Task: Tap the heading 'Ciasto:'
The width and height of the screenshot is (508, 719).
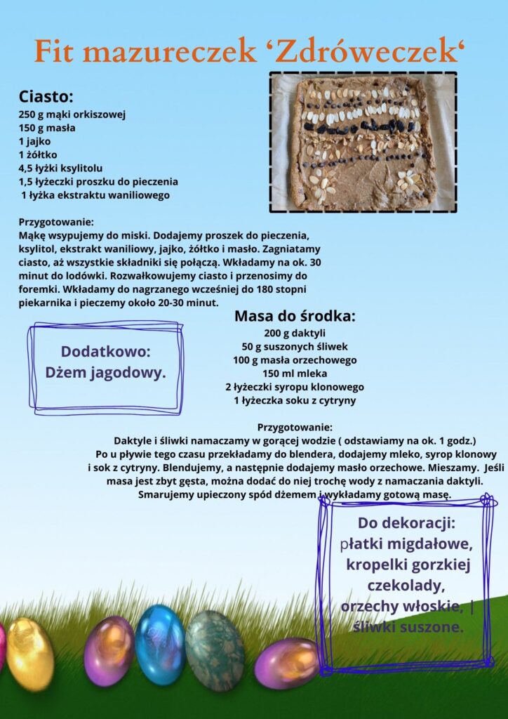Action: coord(46,96)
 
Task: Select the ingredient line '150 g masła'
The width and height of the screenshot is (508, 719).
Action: coord(47,128)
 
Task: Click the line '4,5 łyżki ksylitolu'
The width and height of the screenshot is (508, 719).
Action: coord(60,168)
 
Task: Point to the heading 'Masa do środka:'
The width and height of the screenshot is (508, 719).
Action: coord(295,316)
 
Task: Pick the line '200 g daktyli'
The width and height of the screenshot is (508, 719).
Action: coord(295,333)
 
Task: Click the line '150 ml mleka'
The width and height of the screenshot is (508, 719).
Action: coord(295,374)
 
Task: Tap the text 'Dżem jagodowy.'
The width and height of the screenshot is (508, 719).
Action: coord(106,373)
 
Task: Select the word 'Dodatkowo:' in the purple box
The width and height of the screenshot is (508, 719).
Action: coord(106,352)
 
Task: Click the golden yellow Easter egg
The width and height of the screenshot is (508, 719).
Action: coord(30,654)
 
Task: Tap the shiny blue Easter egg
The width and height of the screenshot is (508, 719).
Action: coord(159,645)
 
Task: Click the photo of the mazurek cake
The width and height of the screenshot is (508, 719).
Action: coord(363,142)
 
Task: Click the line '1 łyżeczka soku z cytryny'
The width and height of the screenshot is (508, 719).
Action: coord(295,400)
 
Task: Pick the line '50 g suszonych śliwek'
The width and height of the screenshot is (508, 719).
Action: coord(295,346)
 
